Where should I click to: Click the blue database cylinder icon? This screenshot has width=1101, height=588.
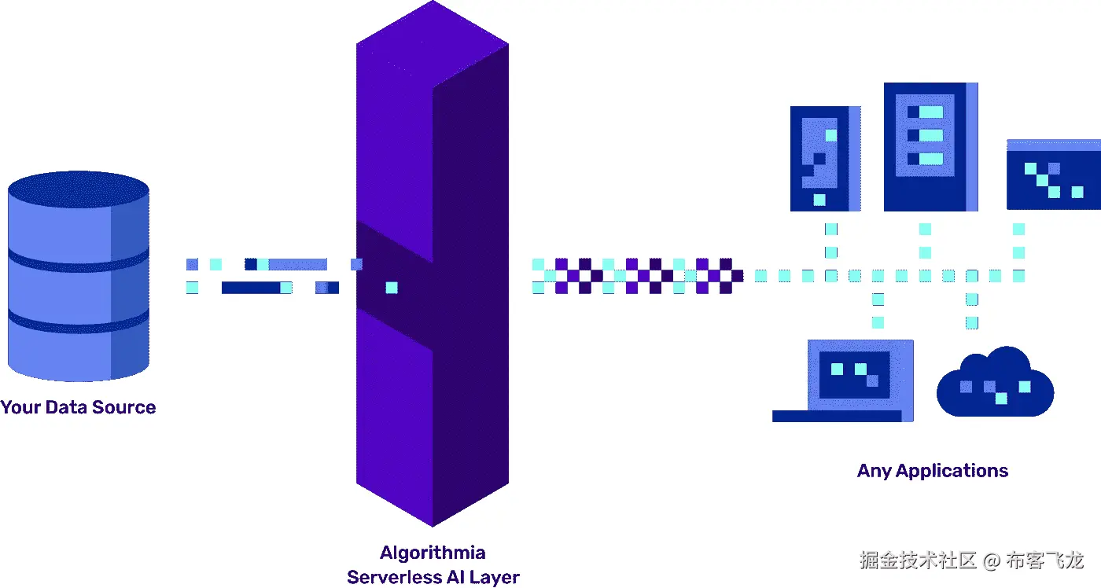(78, 275)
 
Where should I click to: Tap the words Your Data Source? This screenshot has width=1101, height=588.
(78, 407)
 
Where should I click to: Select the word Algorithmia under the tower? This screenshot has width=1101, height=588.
(433, 553)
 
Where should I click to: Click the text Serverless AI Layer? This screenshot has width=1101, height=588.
(433, 577)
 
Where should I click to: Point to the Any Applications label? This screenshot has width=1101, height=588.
(933, 471)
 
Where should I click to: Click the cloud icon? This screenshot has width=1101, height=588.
(995, 385)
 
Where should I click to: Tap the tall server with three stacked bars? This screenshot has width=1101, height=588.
(930, 147)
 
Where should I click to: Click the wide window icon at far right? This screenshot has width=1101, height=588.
(1053, 175)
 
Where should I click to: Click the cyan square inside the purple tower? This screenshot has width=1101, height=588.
(392, 288)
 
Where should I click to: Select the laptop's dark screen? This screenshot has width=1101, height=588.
(853, 373)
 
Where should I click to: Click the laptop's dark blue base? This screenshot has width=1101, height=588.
(837, 416)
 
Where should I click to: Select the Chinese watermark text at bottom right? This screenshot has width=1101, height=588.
(971, 560)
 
